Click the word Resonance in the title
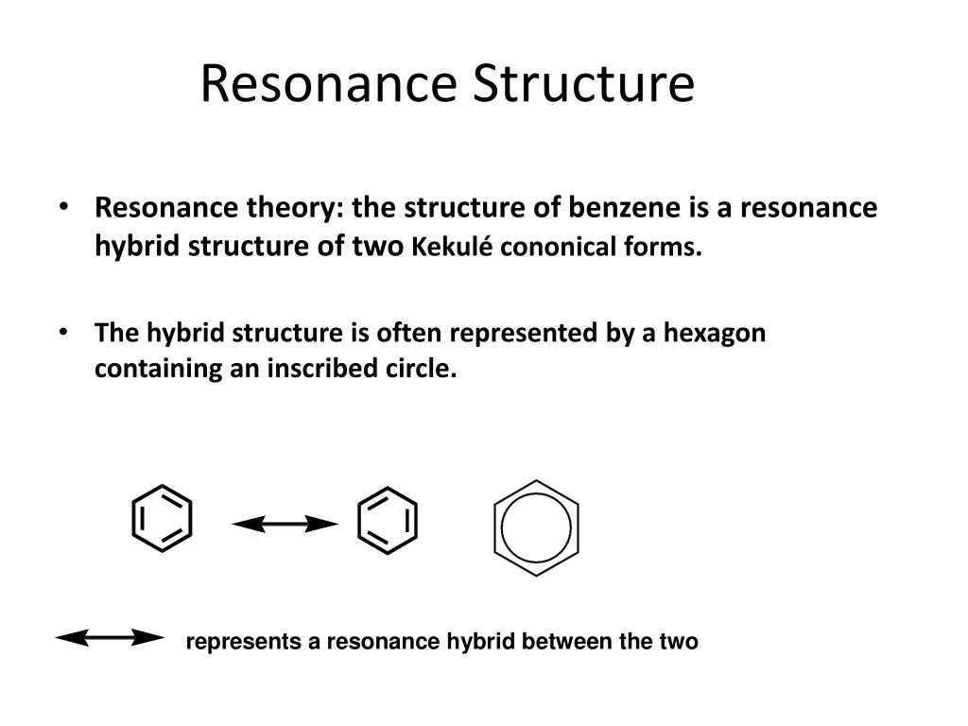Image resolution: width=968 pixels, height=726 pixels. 328,83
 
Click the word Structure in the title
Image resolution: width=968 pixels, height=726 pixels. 584,83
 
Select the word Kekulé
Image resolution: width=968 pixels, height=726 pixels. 452,247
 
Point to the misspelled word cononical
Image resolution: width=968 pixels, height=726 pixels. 558,248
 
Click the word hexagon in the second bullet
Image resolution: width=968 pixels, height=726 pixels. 715,334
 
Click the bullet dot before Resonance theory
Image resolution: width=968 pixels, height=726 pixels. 63,207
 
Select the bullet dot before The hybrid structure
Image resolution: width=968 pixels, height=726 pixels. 63,332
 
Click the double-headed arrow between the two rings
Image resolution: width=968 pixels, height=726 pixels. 285,524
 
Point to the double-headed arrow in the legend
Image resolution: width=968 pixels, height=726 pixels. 110,638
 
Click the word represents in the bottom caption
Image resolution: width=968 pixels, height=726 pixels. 244,642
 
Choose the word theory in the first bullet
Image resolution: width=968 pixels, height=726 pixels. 296,208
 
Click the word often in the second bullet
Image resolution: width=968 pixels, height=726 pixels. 408,333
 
